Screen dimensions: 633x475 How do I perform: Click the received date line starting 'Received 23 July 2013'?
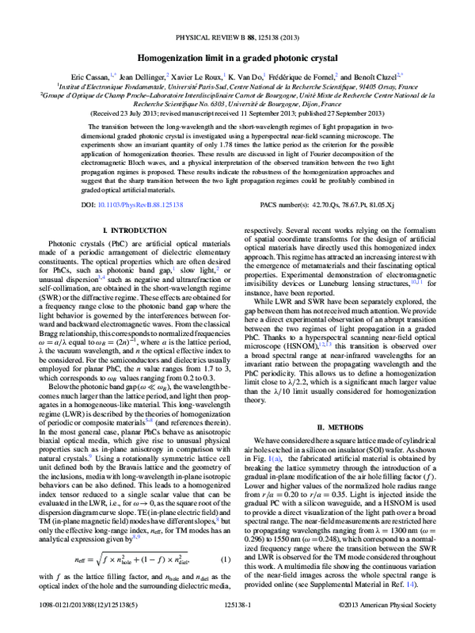(237, 113)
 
